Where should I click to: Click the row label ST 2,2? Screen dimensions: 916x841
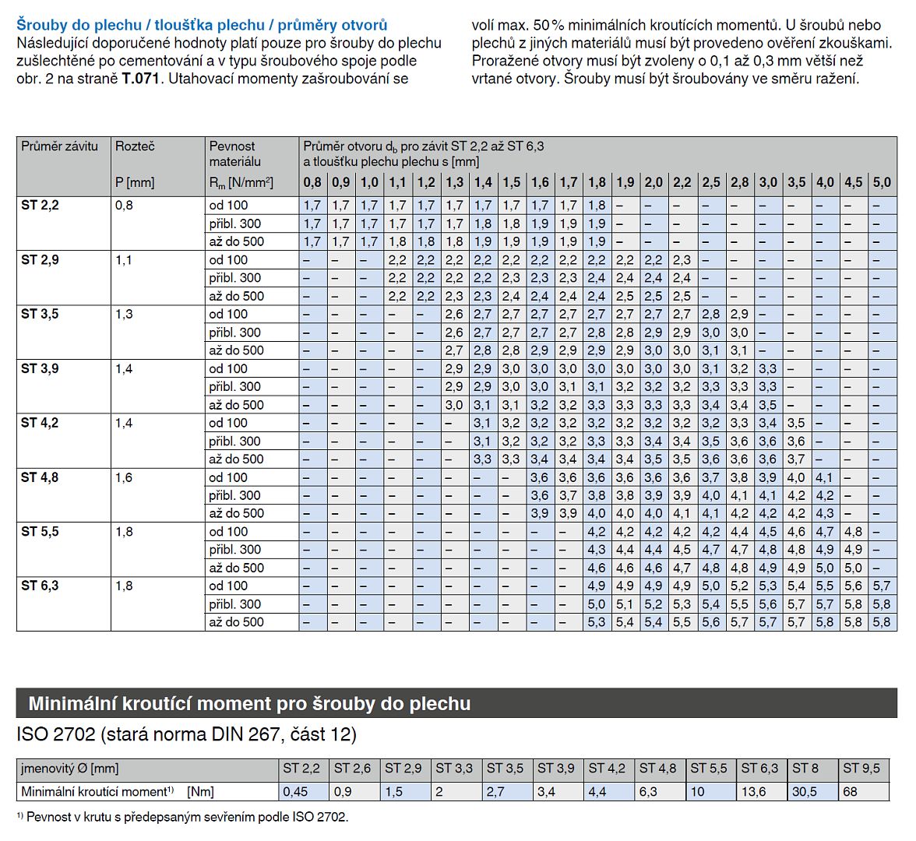pyautogui.click(x=40, y=205)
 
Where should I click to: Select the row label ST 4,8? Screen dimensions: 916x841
pyautogui.click(x=40, y=477)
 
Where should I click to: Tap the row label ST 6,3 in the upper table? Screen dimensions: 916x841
pyautogui.click(x=40, y=586)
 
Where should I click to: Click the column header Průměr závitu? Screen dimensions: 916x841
pyautogui.click(x=59, y=146)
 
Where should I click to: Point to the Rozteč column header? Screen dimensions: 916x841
pyautogui.click(x=135, y=146)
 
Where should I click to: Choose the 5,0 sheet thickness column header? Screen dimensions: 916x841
pyautogui.click(x=882, y=182)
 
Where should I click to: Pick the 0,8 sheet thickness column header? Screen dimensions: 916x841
pyautogui.click(x=312, y=182)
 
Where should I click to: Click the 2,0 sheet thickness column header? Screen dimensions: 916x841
pyautogui.click(x=654, y=182)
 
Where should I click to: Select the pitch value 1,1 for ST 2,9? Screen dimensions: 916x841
pyautogui.click(x=124, y=260)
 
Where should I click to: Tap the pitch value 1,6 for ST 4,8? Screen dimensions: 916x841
pyautogui.click(x=124, y=477)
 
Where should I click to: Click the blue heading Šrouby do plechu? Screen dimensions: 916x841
pyautogui.click(x=79, y=25)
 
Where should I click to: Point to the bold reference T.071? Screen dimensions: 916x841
pyautogui.click(x=141, y=79)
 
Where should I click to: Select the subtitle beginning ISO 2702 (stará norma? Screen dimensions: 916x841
pyautogui.click(x=186, y=734)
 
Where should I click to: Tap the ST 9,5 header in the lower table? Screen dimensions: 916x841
pyautogui.click(x=861, y=768)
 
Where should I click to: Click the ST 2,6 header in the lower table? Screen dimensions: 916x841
pyautogui.click(x=352, y=768)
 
